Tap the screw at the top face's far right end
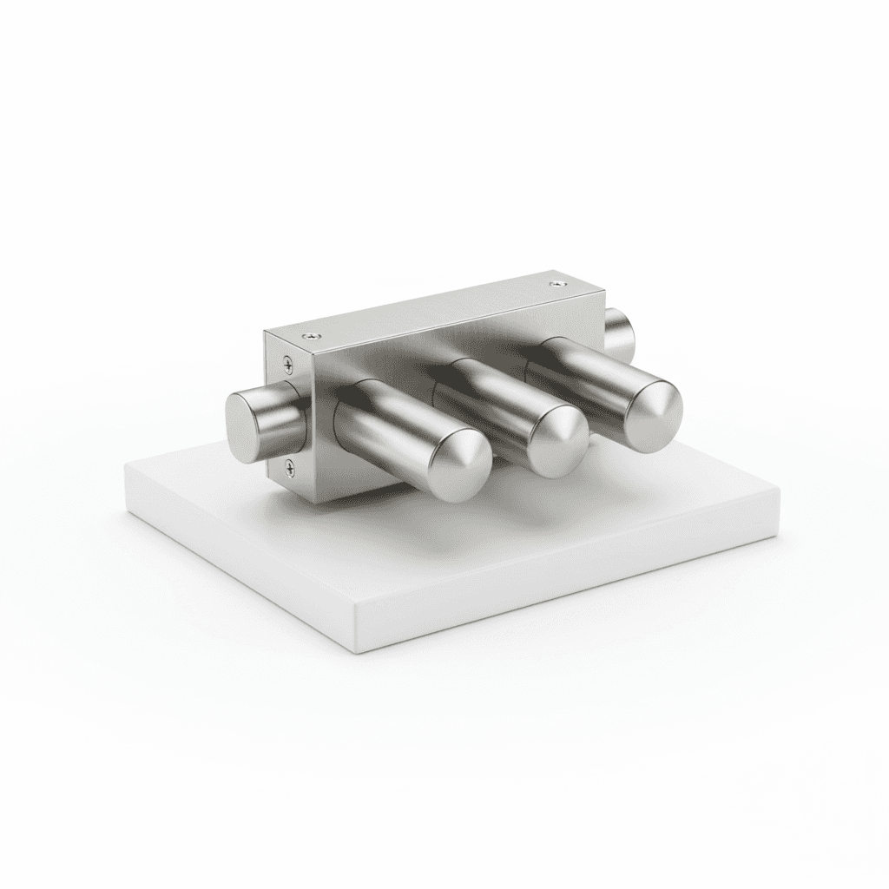tap(556, 282)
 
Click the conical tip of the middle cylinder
tap(560, 442)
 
